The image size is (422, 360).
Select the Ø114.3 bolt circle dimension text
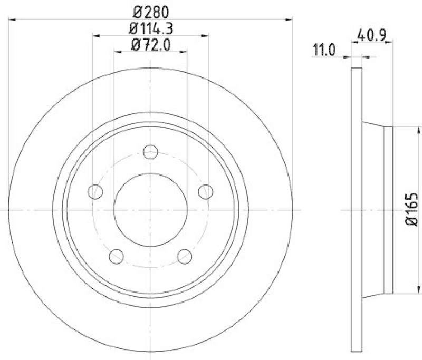coord(151,27)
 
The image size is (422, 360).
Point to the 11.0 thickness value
coord(324,51)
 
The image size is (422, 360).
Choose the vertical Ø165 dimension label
coord(412,210)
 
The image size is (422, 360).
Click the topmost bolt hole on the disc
coord(151,151)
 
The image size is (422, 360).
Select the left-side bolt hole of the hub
coord(95,192)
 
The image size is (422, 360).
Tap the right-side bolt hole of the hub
coord(206,192)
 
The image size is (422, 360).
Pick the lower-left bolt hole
coord(116,257)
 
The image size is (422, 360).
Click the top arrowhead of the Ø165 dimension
coord(419,129)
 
